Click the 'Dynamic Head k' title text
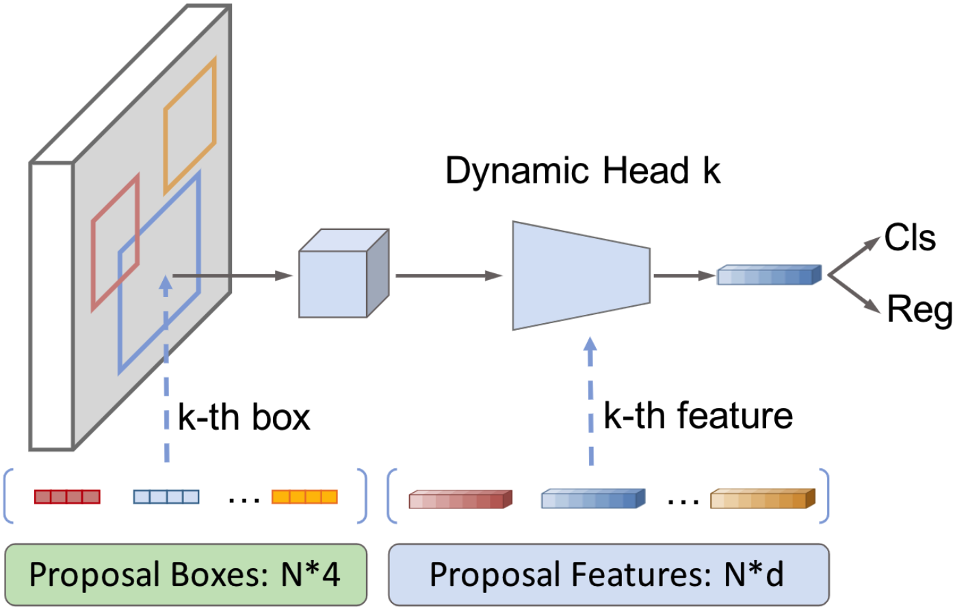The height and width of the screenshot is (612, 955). point(582,170)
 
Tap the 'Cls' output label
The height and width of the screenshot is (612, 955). point(909,238)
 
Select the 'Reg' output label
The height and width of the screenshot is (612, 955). point(919,309)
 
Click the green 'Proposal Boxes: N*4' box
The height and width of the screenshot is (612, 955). point(185,574)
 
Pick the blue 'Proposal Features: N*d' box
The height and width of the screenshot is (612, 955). point(608,574)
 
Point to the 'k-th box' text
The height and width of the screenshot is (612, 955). point(244,418)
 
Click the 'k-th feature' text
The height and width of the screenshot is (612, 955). point(698,416)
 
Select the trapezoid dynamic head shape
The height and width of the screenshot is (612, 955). point(580,275)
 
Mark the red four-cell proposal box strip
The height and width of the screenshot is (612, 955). point(67,496)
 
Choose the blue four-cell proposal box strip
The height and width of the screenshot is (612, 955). point(166,496)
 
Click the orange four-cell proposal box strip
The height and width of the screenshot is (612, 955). point(304,496)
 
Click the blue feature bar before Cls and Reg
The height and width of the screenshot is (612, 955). point(768,275)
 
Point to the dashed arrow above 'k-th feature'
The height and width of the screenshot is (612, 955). point(591,400)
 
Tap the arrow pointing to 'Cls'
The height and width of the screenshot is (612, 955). point(854,256)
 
